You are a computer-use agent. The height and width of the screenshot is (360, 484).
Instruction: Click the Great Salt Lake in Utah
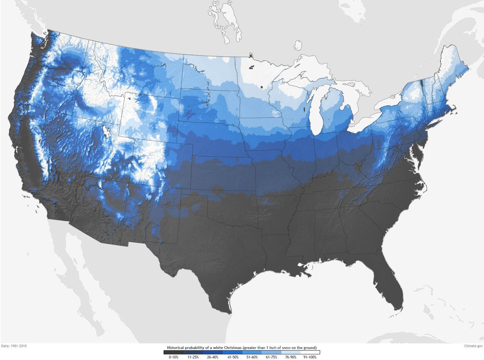107,132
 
